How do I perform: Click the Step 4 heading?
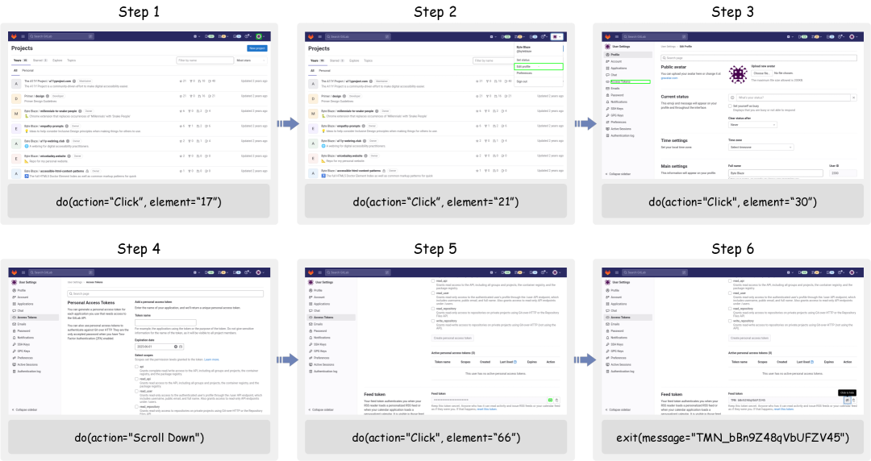[x=139, y=248]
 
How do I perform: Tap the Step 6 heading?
[x=732, y=248]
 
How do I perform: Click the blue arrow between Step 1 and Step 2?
[x=287, y=123]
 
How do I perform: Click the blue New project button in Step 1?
[x=257, y=48]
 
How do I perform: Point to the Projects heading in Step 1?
[x=24, y=48]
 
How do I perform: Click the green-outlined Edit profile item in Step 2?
[x=540, y=66]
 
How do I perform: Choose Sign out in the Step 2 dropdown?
[x=523, y=81]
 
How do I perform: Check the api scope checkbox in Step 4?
[x=136, y=366]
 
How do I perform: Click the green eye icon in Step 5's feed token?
[x=549, y=400]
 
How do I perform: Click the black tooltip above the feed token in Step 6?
[x=846, y=392]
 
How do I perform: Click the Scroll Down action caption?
[x=139, y=438]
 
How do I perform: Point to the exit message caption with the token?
[x=732, y=438]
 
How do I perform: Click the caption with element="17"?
[x=139, y=201]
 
